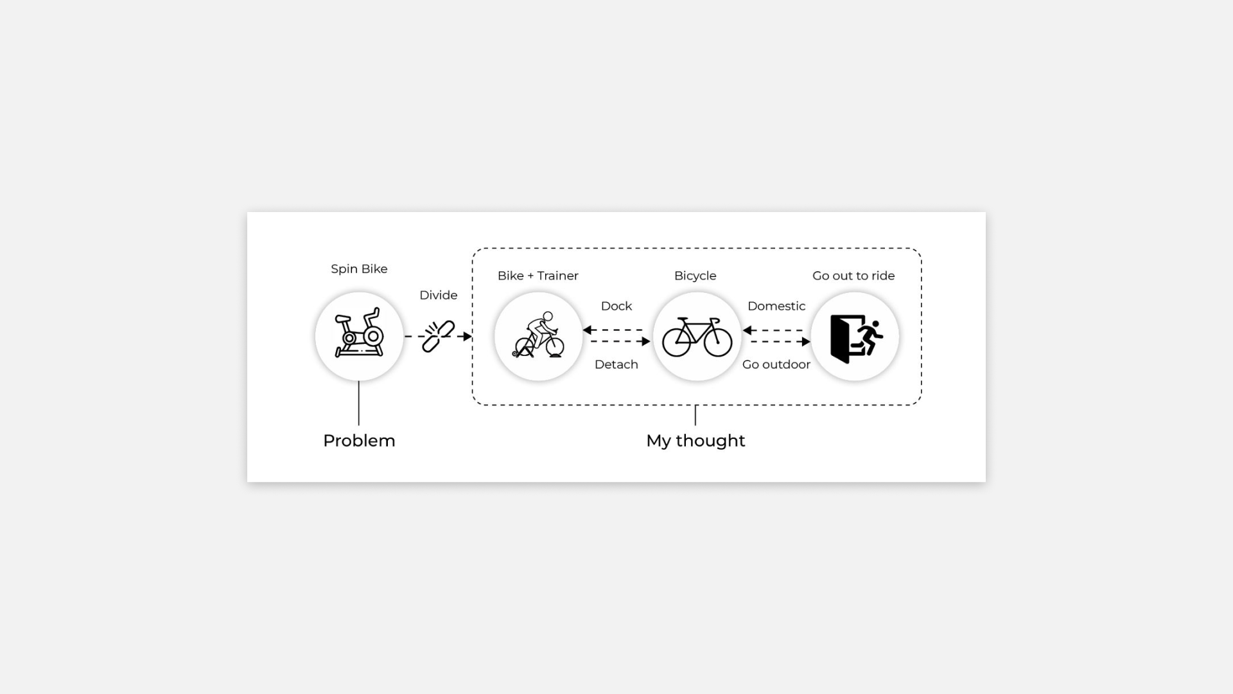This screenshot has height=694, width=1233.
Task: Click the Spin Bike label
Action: pos(359,269)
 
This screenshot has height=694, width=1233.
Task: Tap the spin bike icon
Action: pos(359,336)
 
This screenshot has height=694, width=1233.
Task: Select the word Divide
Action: pos(438,296)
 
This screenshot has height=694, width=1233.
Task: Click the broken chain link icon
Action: pos(438,336)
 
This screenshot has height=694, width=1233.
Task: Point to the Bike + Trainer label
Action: pos(538,276)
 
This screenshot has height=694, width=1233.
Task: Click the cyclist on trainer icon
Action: pos(538,336)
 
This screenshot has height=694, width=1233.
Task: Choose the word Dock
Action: pos(616,307)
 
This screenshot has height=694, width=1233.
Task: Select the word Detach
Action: pos(616,365)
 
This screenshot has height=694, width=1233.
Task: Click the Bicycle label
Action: pos(695,276)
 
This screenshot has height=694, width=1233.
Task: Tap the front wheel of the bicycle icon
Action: pos(717,342)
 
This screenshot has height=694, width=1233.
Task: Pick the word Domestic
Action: pos(776,307)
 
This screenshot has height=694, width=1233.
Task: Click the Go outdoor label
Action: pos(776,365)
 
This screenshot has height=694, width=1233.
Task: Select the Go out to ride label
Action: pos(853,276)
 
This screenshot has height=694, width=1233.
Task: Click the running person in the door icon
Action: pos(871,337)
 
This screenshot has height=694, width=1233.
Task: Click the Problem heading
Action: pos(359,441)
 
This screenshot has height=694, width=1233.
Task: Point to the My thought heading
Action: pos(695,441)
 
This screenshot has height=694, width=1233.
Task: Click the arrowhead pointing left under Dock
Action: pos(587,330)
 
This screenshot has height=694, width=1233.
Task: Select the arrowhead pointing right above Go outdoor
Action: pos(806,342)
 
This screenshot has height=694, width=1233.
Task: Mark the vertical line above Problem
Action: pos(359,403)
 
